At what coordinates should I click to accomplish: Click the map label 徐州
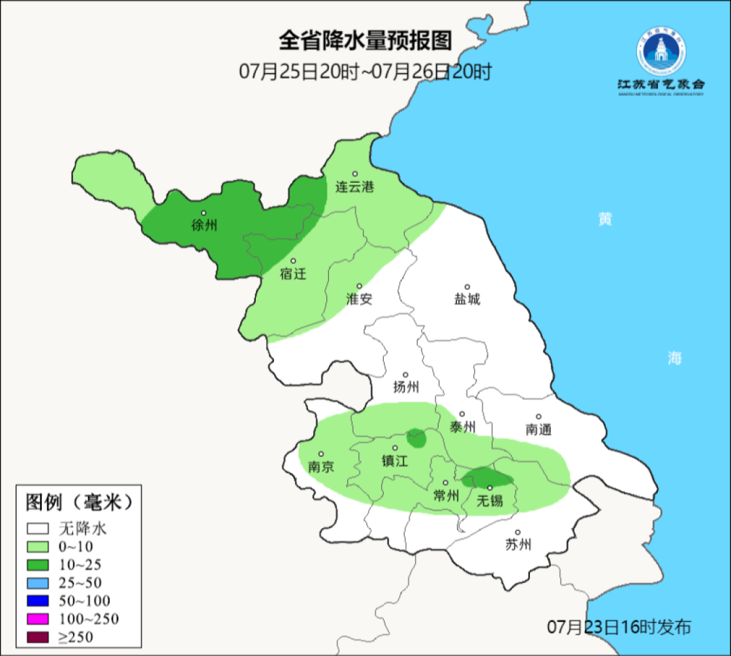204,226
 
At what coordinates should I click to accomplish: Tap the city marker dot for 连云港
355,174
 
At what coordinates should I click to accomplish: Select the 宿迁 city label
293,274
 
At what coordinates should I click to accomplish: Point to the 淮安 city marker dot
359,286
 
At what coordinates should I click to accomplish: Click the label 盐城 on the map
466,299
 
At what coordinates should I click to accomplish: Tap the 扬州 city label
406,387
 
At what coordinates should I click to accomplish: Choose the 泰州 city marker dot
462,414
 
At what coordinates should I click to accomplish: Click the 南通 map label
539,429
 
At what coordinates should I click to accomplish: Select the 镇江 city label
395,461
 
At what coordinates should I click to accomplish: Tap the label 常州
445,496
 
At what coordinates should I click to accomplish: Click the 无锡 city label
489,501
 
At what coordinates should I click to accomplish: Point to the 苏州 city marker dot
518,533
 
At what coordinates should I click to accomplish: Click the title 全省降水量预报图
365,41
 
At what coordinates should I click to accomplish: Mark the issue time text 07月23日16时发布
619,627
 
